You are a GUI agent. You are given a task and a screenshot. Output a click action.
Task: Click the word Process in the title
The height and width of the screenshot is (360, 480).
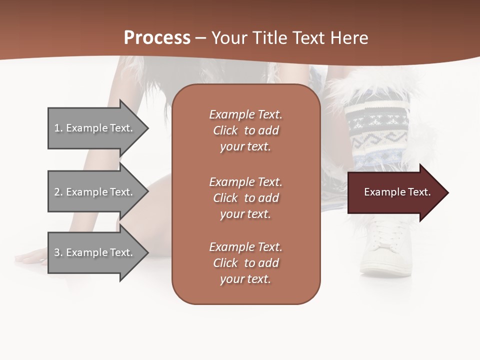click(157, 38)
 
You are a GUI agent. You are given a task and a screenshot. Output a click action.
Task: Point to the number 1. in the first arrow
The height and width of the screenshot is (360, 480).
click(58, 128)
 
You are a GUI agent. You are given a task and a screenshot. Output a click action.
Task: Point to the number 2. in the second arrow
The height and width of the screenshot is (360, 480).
click(58, 192)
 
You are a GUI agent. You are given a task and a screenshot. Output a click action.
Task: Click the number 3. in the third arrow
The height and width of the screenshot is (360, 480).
click(58, 252)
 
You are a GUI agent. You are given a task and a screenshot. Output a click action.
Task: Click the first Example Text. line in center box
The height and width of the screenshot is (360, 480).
click(245, 114)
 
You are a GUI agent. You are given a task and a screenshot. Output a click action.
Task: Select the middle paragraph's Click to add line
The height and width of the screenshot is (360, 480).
click(245, 198)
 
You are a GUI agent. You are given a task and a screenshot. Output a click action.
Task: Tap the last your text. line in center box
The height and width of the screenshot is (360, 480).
click(245, 279)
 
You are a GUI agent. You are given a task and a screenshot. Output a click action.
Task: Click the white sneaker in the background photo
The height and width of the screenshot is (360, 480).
click(385, 250)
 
